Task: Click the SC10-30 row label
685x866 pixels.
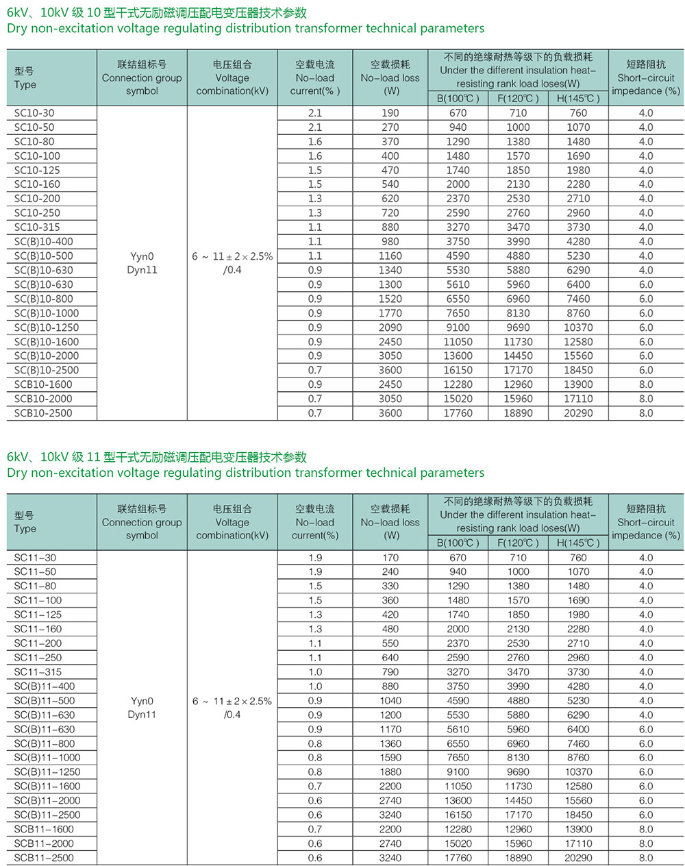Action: tap(34, 113)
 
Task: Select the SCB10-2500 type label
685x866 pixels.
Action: tap(43, 413)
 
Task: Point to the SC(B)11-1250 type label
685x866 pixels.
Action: tap(47, 772)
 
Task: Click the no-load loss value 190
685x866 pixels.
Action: tap(390, 113)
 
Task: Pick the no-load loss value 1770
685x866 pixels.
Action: tap(390, 313)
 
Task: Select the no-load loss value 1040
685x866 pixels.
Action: tap(390, 701)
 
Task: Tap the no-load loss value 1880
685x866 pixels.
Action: tap(390, 772)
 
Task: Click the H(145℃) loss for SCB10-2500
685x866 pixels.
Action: tap(578, 413)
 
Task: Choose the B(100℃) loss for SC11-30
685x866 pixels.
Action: tap(458, 558)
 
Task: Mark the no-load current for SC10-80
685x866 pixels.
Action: tap(315, 142)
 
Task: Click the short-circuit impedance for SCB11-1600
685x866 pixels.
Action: tap(646, 829)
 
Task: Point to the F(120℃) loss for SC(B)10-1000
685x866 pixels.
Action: tap(518, 313)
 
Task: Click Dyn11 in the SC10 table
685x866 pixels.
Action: tap(142, 270)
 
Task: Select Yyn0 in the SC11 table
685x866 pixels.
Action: tap(142, 701)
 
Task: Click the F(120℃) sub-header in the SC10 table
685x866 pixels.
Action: tap(518, 98)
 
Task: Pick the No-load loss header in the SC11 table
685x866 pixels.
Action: tap(390, 522)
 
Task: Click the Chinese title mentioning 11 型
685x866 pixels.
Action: tap(157, 457)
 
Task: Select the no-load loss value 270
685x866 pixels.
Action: tap(390, 127)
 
